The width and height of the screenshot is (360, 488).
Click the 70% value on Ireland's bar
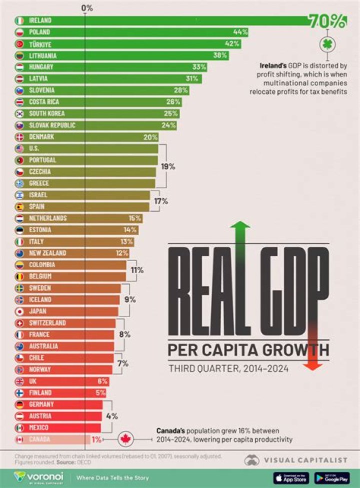[x=327, y=21]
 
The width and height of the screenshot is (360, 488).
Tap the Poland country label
[x=40, y=32]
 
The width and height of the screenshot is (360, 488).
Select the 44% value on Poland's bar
[x=240, y=32]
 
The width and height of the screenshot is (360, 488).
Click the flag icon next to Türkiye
[x=19, y=44]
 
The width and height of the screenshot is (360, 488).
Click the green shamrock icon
[x=327, y=44]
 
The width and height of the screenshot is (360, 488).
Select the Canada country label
[x=41, y=440]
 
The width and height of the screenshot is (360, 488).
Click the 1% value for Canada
[x=96, y=440]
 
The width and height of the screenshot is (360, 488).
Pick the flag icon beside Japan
[x=19, y=311]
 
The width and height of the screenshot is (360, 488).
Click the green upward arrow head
[x=240, y=226]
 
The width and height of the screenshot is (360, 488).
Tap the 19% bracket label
[x=167, y=167]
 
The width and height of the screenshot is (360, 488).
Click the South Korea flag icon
[x=19, y=114]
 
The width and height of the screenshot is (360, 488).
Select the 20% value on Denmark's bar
[x=150, y=137]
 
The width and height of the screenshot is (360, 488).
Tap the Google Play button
[x=332, y=478]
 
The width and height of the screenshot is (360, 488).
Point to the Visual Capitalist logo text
[x=309, y=460]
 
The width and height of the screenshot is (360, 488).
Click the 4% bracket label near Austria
[x=111, y=416]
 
